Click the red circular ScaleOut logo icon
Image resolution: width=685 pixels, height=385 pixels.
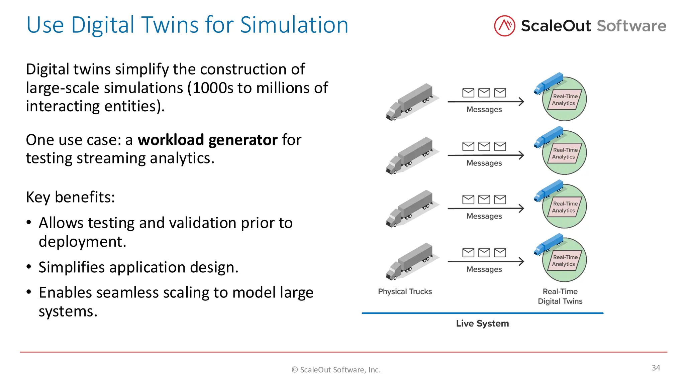pos(504,26)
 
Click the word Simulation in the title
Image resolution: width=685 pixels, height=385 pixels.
pos(294,25)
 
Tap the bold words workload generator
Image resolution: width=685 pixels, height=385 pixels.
pos(207,140)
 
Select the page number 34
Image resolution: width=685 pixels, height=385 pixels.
pos(656,368)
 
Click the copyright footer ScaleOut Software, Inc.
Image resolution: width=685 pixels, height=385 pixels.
pos(336,370)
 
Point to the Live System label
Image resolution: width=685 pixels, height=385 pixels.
pos(482,324)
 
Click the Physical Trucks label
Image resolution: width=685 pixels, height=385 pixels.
pos(405,291)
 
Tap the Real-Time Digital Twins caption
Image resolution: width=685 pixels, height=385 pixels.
pos(560,296)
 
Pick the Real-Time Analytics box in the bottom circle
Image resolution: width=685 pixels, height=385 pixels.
pos(565,261)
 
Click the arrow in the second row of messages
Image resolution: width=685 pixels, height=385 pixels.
pos(486,155)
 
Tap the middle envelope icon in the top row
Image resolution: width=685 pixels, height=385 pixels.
pos(484,93)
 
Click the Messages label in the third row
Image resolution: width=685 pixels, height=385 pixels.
pos(484,216)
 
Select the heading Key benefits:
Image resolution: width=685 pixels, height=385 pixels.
pos(70,197)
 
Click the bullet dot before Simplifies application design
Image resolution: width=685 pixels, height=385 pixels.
pos(29,267)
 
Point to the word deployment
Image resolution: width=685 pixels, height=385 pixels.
pos(82,242)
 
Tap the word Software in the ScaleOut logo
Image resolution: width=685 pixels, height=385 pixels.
pos(631,26)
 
